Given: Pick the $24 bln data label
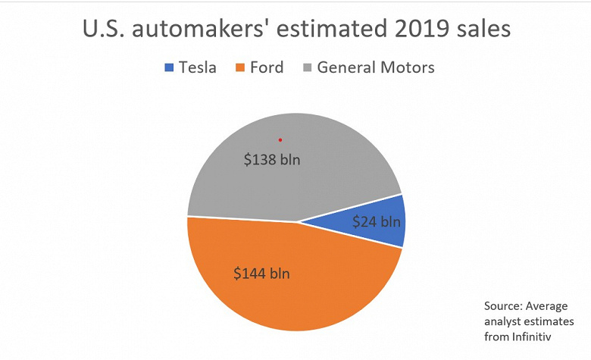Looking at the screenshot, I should [x=376, y=222].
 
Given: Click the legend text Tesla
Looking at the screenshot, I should [x=197, y=67].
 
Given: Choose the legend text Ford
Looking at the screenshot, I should [x=267, y=67].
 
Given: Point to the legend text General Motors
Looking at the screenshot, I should [x=376, y=67].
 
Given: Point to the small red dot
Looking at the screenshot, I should [x=280, y=139].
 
